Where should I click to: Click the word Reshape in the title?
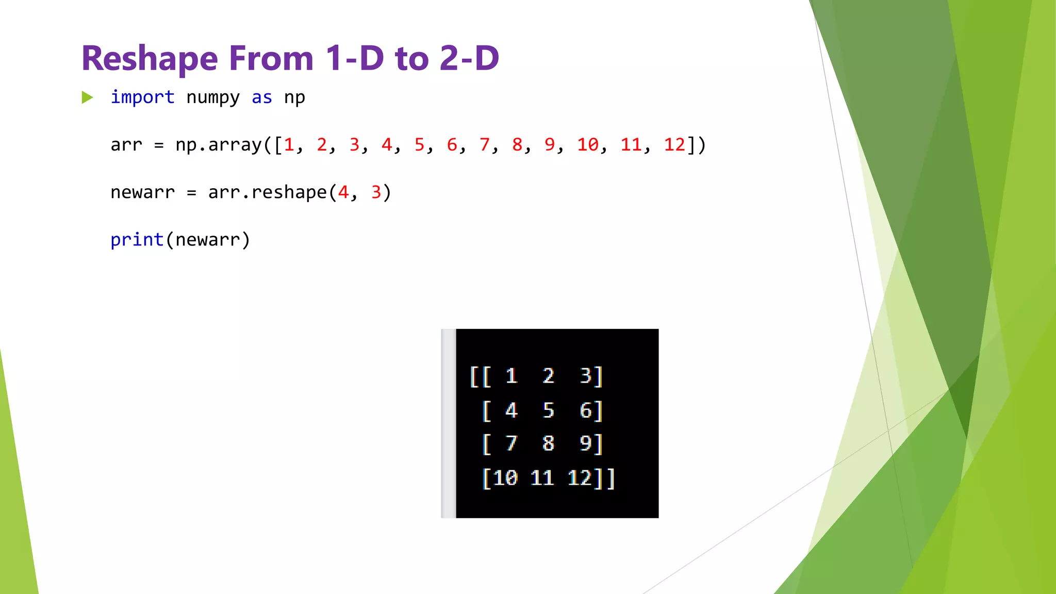click(149, 59)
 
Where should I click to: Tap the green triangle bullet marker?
click(87, 97)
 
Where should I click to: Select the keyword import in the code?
click(142, 97)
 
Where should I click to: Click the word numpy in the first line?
click(212, 97)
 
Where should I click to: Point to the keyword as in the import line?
click(261, 97)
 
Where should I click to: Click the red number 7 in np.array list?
click(484, 145)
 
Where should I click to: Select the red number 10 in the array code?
click(587, 145)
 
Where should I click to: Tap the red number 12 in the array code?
click(674, 145)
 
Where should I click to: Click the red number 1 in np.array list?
click(289, 145)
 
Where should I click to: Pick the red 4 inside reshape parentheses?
click(343, 192)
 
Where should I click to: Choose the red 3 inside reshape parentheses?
click(376, 192)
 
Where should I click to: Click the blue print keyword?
click(137, 240)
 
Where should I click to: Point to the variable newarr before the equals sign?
click(142, 192)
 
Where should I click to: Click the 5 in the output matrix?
click(548, 410)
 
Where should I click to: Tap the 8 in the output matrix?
click(548, 443)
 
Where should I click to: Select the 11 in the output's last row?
click(542, 478)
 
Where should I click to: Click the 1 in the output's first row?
click(511, 376)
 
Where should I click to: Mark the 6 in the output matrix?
click(585, 410)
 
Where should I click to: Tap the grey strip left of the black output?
click(449, 423)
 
